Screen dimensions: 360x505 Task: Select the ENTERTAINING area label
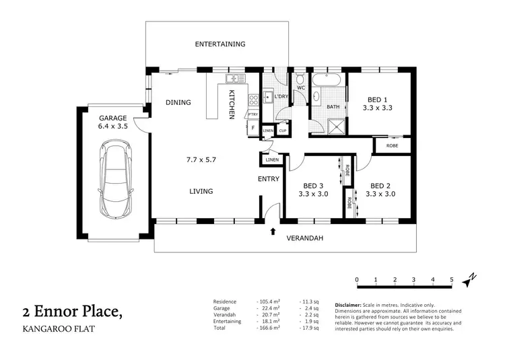coord(220,44)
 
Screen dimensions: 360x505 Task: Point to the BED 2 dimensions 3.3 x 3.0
coord(380,194)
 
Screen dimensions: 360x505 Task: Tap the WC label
coord(301,88)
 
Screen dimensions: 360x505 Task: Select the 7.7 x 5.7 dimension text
coord(201,160)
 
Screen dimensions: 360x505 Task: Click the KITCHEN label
coord(231,104)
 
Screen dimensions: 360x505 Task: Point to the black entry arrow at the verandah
coord(273,231)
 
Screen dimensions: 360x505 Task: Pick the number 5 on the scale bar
coord(452,279)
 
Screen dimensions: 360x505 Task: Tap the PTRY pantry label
coord(252,115)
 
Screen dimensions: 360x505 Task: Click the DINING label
coord(178,103)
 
